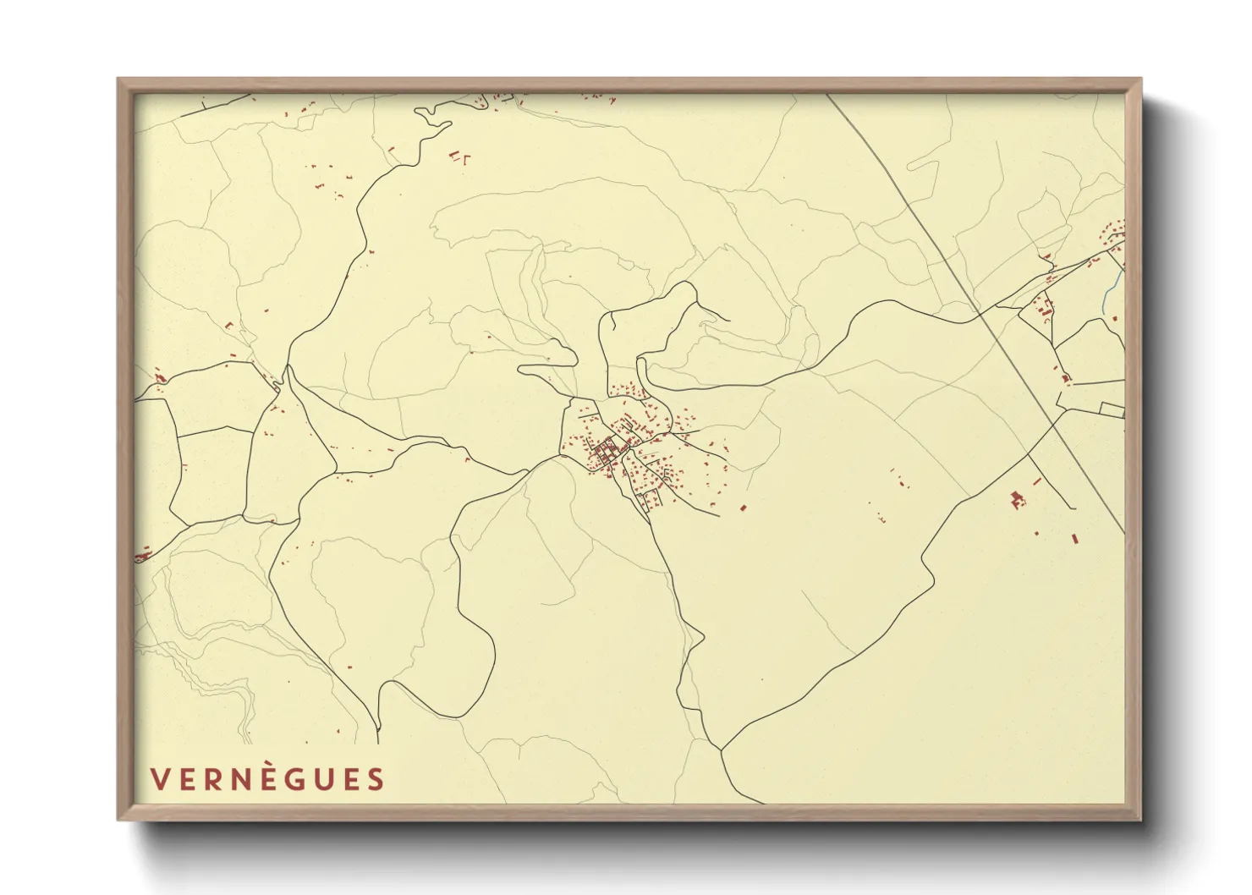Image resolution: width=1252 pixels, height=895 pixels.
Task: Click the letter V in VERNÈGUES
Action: pyautogui.click(x=159, y=779)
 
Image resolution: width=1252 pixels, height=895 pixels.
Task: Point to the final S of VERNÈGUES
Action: pyautogui.click(x=375, y=779)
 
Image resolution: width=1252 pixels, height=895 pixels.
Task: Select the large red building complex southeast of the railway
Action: pyautogui.click(x=1018, y=500)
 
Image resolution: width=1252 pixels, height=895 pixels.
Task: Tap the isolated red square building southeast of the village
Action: pyautogui.click(x=743, y=508)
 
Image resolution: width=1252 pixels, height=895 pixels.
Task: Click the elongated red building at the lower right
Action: pyautogui.click(x=1075, y=537)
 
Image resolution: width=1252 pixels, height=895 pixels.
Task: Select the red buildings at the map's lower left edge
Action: pyautogui.click(x=142, y=555)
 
